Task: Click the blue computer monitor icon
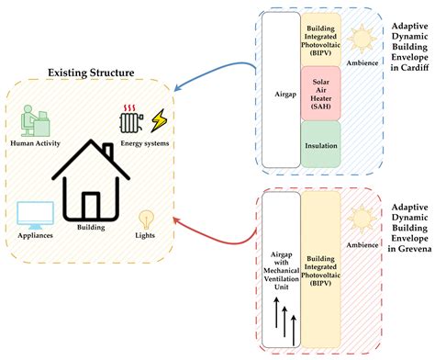[34, 214]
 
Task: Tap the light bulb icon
[145, 219]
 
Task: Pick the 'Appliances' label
[33, 236]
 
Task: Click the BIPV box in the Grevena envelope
[320, 272]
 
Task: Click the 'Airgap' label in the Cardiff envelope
[281, 92]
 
